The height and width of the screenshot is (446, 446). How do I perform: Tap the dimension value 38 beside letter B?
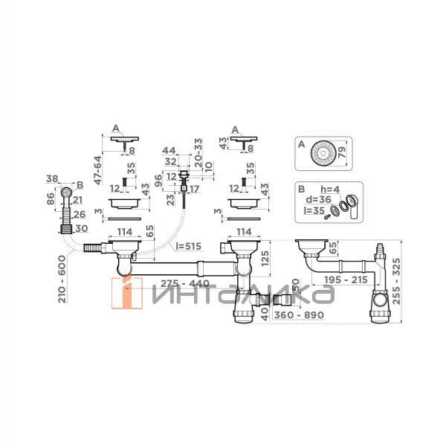pos(52,178)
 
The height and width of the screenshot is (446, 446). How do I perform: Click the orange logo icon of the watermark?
pos(126,291)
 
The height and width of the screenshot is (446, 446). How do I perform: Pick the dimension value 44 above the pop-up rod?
pos(169,150)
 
